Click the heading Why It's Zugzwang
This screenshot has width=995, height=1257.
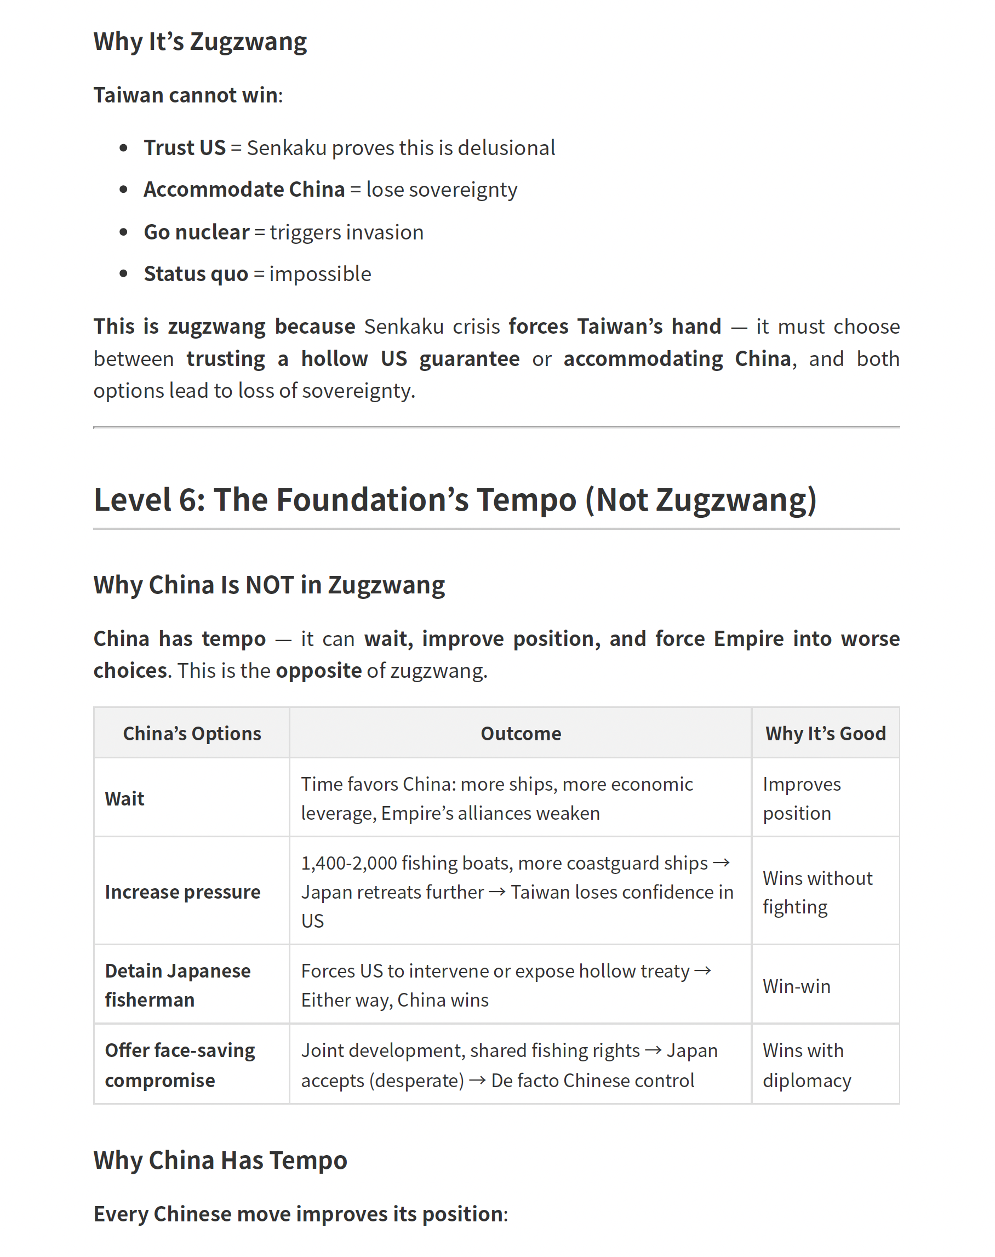(200, 42)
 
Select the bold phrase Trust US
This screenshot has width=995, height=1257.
(184, 148)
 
